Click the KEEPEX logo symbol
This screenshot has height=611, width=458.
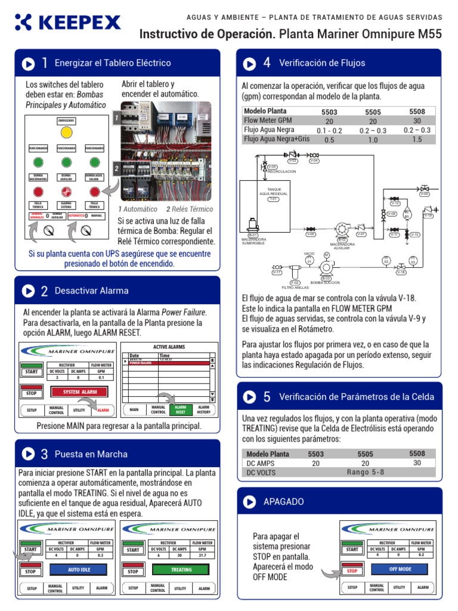pyautogui.click(x=24, y=23)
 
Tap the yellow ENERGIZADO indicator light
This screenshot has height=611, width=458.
pyautogui.click(x=66, y=133)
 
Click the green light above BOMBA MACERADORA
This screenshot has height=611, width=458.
pyautogui.click(x=38, y=162)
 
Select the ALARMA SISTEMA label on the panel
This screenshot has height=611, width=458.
pyautogui.click(x=66, y=205)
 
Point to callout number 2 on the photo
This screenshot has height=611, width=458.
pyautogui.click(x=116, y=169)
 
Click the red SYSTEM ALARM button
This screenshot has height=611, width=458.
pyautogui.click(x=80, y=392)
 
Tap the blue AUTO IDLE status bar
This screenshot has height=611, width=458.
pyautogui.click(x=79, y=570)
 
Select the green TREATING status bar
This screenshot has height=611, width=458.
pyautogui.click(x=181, y=570)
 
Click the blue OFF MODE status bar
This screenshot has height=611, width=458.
pyautogui.click(x=400, y=569)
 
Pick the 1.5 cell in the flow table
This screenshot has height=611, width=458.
pyautogui.click(x=417, y=140)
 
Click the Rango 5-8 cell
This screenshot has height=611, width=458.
pyautogui.click(x=366, y=472)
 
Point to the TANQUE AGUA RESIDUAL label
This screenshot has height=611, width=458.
pyautogui.click(x=273, y=192)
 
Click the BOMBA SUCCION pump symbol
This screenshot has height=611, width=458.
pyautogui.click(x=326, y=267)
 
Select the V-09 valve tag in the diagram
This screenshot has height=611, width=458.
pyautogui.click(x=424, y=194)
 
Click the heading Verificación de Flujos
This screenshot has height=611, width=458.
pyautogui.click(x=322, y=63)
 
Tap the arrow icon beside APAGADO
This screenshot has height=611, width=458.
pyautogui.click(x=250, y=502)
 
